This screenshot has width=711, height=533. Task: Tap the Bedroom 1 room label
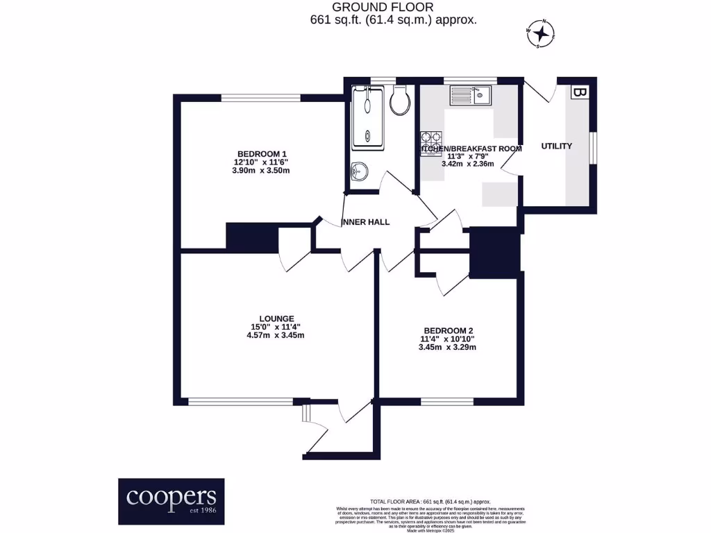(x=262, y=153)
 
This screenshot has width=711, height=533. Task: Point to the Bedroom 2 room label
(x=447, y=330)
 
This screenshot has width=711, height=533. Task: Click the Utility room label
(x=557, y=146)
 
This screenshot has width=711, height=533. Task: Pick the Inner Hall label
(x=366, y=222)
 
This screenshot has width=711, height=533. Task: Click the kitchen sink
(x=471, y=95)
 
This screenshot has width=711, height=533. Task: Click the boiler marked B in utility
(x=579, y=92)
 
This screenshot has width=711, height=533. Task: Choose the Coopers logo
(x=171, y=500)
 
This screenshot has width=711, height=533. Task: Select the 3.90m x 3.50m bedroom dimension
(x=262, y=170)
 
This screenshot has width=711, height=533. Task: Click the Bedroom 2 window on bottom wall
(x=447, y=401)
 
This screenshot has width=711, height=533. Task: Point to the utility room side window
(x=594, y=148)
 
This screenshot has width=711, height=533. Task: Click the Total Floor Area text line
(x=430, y=501)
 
